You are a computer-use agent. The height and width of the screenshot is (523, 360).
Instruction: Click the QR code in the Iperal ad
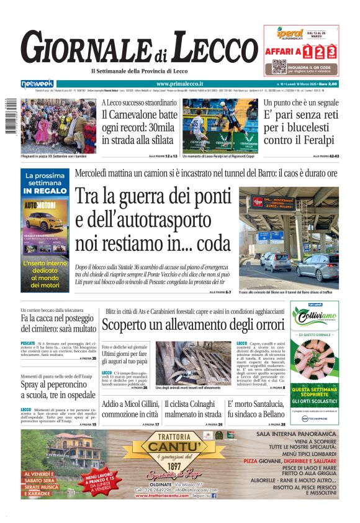(279, 66)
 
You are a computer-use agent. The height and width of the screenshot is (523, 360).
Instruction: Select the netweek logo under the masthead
(37, 83)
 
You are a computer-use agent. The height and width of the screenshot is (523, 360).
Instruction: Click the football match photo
(220, 125)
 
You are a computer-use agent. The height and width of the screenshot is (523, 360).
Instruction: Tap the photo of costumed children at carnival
(58, 126)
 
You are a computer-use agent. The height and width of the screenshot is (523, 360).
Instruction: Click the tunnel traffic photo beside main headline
(289, 237)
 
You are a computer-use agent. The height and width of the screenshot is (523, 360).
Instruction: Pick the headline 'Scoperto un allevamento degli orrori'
(193, 324)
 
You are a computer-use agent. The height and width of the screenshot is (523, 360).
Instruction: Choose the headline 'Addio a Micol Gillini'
(130, 409)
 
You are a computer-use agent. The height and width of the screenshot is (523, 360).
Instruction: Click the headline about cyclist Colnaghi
(193, 409)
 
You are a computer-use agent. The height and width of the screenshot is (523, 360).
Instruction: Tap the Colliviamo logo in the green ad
(315, 315)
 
